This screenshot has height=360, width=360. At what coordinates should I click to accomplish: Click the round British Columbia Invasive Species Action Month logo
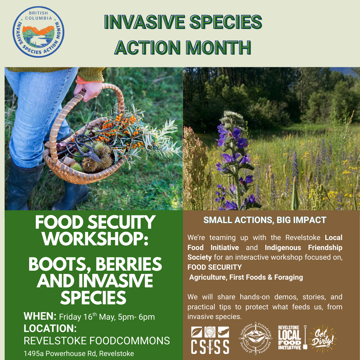pos(38,32)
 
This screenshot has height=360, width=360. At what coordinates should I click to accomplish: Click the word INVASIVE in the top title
pos(145,22)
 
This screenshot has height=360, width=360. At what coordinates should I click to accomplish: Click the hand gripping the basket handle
pos(88,91)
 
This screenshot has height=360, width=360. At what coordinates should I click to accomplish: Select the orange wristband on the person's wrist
pos(88,80)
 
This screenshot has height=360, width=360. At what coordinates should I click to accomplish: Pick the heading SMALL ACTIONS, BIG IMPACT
pos(265,220)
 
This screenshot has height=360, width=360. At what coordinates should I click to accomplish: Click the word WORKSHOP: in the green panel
pos(95,239)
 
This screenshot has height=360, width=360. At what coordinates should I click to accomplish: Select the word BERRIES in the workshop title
pos(129,264)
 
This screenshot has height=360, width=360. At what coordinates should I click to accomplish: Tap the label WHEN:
pos(40,316)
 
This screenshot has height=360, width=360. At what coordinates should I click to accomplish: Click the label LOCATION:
pos(50,328)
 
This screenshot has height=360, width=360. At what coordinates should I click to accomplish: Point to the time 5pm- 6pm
pos(136,317)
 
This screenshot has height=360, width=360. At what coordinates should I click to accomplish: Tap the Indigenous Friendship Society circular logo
pos(256,338)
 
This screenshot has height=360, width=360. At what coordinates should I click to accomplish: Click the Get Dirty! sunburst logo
pos(322,338)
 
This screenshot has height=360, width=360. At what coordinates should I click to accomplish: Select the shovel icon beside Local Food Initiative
pos(305,337)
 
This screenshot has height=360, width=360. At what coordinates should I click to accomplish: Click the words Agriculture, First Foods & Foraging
pos(246,277)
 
